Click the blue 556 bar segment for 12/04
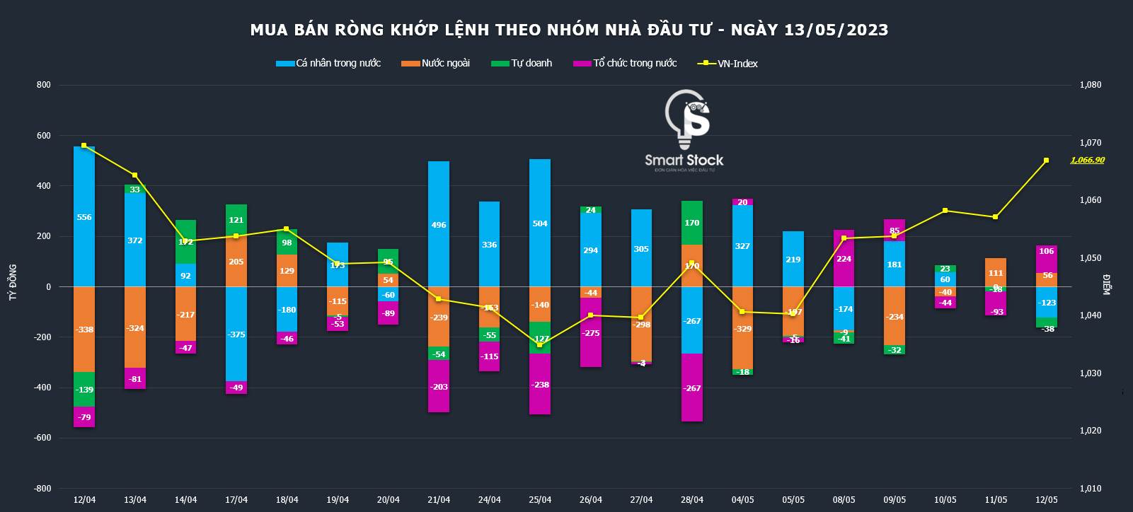[84, 216]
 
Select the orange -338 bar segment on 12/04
[84, 330]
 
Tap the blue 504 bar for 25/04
[540, 223]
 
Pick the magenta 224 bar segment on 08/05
[844, 258]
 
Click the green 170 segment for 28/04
[692, 223]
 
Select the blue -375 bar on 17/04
[236, 334]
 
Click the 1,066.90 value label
[1087, 161]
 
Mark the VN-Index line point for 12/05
[1047, 161]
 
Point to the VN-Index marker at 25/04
[540, 344]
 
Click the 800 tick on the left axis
[44, 85]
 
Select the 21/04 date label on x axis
[439, 500]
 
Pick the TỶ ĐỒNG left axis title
[13, 283]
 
